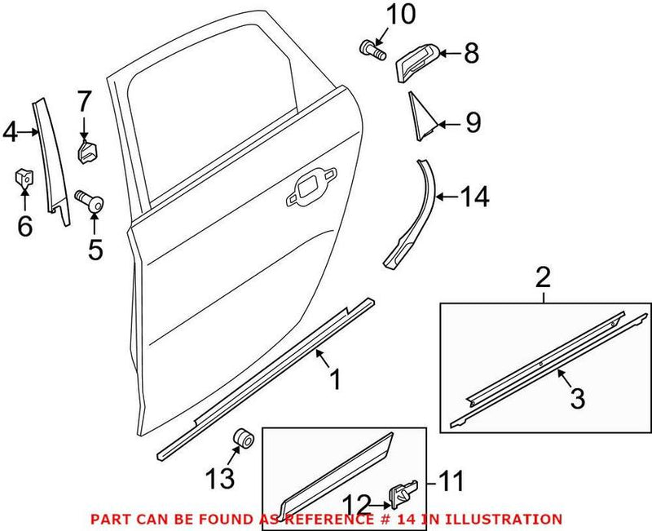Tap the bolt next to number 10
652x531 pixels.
(371, 49)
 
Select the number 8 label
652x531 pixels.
(471, 55)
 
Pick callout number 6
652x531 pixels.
(24, 226)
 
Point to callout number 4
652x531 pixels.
(11, 131)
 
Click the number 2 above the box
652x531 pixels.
(544, 279)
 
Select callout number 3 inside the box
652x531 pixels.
(576, 400)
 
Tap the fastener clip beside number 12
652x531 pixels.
(402, 493)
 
